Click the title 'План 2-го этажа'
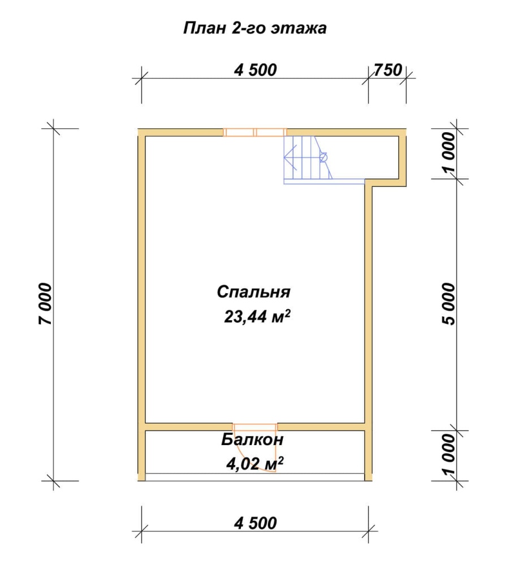coord(255,28)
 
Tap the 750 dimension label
coord(388,70)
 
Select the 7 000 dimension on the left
coord(45,304)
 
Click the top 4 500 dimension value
coord(256,70)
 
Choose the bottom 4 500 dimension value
coord(256,524)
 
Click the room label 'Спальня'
coord(253,292)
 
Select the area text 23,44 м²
coord(257,317)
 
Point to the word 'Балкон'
coord(252,440)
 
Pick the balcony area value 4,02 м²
coord(255,464)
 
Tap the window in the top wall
coord(255,132)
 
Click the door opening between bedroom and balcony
coord(255,427)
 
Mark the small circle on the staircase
coord(323,158)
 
